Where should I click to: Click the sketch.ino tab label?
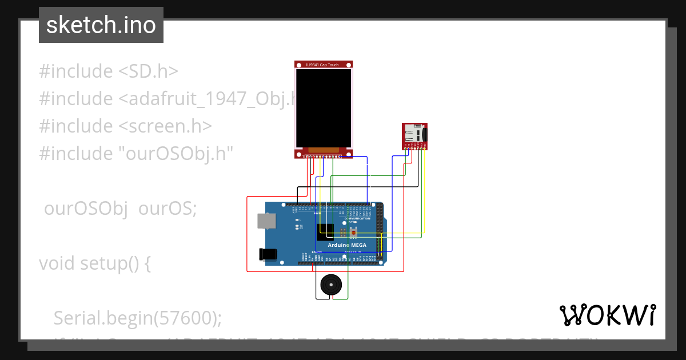(x=101, y=25)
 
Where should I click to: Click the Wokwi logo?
(x=607, y=315)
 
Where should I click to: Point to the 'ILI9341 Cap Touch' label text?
(x=323, y=65)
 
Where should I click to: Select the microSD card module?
(x=414, y=135)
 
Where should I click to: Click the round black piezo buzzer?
(x=332, y=285)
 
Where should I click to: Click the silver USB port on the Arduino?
(x=265, y=221)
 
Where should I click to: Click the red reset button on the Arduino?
(x=354, y=233)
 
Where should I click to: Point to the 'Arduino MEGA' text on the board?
(x=347, y=245)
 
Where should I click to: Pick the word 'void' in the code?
(x=57, y=263)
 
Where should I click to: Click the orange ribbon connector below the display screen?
(x=324, y=150)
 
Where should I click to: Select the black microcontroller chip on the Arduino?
(x=325, y=230)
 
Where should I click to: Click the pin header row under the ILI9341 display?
(x=323, y=156)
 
